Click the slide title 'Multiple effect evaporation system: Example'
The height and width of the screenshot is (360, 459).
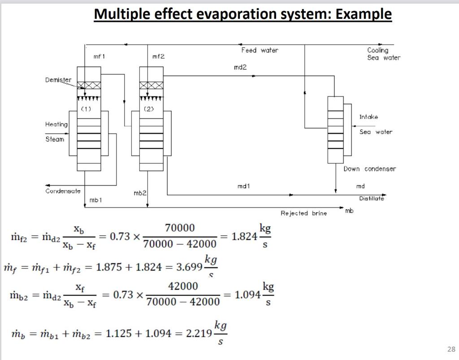pyautogui.click(x=242, y=14)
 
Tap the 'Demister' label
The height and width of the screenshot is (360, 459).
pyautogui.click(x=58, y=80)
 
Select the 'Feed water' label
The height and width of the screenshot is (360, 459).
pyautogui.click(x=260, y=50)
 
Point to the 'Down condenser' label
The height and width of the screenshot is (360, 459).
pyautogui.click(x=369, y=169)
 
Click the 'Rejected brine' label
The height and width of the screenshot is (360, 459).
pyautogui.click(x=303, y=213)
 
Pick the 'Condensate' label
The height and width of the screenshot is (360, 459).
pyautogui.click(x=63, y=191)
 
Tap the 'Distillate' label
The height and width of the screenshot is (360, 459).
pyautogui.click(x=371, y=198)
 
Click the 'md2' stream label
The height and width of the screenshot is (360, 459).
pyautogui.click(x=240, y=67)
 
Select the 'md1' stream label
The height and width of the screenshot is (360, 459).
pyautogui.click(x=242, y=186)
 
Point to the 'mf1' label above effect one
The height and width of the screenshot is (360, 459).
pyautogui.click(x=99, y=57)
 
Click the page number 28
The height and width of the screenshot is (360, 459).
pyautogui.click(x=451, y=349)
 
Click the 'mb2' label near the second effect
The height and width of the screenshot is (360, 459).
pyautogui.click(x=140, y=193)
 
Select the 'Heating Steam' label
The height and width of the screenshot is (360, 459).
pyautogui.click(x=56, y=132)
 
